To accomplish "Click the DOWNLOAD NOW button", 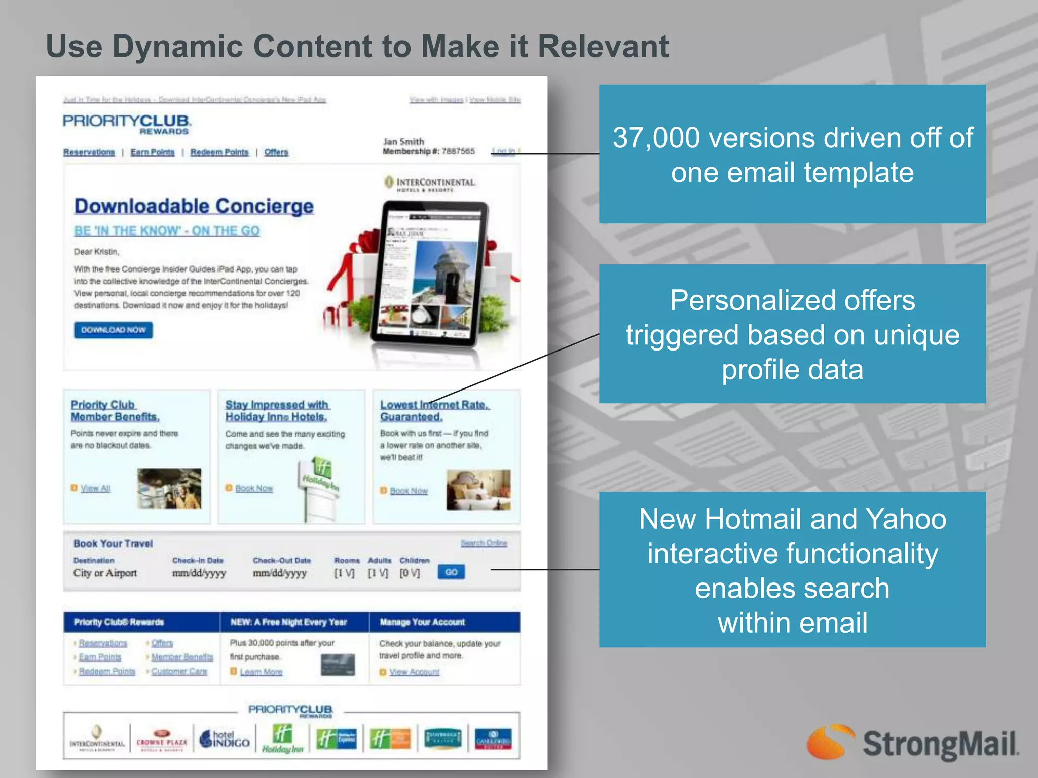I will [113, 330].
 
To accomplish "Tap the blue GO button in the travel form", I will [451, 572].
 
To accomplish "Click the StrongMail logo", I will [912, 743].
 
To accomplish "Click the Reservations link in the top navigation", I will [89, 152].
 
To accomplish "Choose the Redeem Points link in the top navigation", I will [219, 152].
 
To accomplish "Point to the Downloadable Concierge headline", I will [194, 206].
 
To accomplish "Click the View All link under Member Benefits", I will [95, 489].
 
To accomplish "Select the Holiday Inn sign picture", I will [319, 486].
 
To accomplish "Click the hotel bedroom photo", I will [478, 489].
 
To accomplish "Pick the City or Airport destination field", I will [105, 573].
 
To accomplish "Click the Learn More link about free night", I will [261, 672].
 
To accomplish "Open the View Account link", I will [414, 672].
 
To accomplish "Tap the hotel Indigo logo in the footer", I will [225, 740].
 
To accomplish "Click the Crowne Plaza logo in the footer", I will [162, 741].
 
